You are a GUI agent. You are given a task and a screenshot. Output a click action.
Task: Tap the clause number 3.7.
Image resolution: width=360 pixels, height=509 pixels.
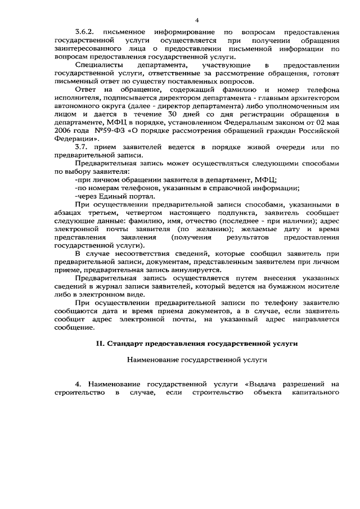point(83,147)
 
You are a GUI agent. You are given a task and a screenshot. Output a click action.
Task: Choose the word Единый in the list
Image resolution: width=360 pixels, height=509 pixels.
point(116,196)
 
